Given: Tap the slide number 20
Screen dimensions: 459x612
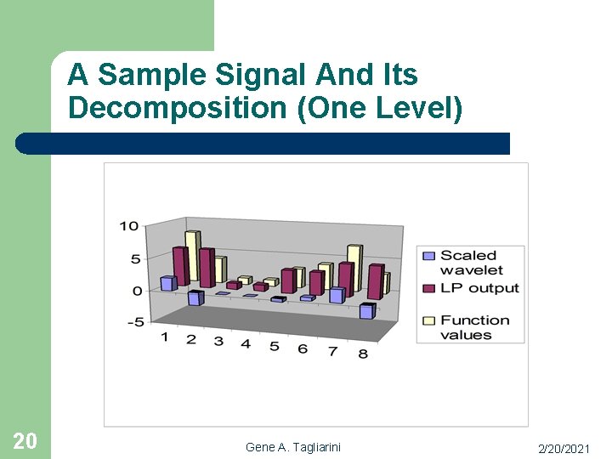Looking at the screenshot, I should click(25, 440).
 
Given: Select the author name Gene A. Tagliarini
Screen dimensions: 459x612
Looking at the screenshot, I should click(292, 447).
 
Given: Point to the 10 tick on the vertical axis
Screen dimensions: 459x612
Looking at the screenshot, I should click(128, 226).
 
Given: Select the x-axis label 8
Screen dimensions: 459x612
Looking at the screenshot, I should click(363, 354).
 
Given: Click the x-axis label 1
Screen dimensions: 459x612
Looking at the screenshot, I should click(165, 337).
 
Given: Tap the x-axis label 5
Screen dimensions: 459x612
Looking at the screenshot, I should click(274, 346).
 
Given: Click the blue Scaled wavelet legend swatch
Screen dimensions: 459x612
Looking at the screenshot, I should click(428, 256).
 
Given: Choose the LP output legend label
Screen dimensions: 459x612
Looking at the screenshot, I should click(479, 288).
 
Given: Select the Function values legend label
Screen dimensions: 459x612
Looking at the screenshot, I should click(474, 327).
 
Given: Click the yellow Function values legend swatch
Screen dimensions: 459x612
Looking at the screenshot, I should click(428, 320).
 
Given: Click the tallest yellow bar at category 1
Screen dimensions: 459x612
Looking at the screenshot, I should click(192, 256).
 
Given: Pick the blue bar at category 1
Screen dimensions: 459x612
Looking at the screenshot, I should click(167, 283).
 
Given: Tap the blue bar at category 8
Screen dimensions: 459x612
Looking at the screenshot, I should click(366, 311).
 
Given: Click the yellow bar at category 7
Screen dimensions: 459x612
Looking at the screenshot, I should click(354, 268).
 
